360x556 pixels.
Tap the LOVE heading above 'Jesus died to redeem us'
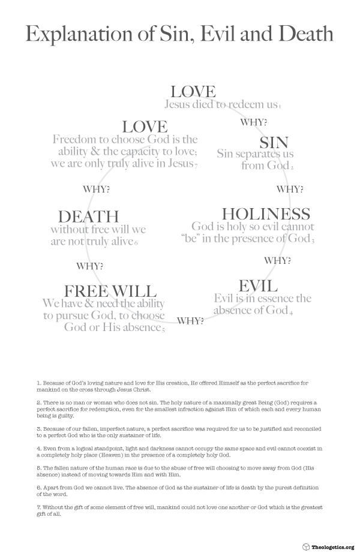(x=193, y=92)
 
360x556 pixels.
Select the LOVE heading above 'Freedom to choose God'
(x=145, y=127)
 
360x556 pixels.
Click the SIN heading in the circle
(x=274, y=143)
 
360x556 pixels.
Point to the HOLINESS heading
(x=266, y=214)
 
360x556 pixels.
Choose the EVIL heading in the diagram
(x=258, y=285)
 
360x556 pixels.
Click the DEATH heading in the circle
(x=88, y=217)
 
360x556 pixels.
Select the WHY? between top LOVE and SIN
(x=253, y=123)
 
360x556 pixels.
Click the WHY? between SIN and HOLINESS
(x=289, y=190)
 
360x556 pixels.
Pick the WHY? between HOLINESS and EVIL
(x=278, y=261)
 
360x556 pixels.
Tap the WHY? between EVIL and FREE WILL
(x=190, y=320)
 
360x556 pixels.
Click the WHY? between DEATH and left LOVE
(x=96, y=190)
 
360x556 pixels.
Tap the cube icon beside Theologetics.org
(x=306, y=547)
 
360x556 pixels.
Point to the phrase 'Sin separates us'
(x=255, y=154)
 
